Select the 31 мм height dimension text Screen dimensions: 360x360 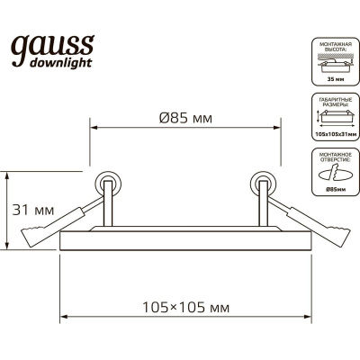click(35, 211)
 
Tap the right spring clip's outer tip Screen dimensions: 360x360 click(338, 240)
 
